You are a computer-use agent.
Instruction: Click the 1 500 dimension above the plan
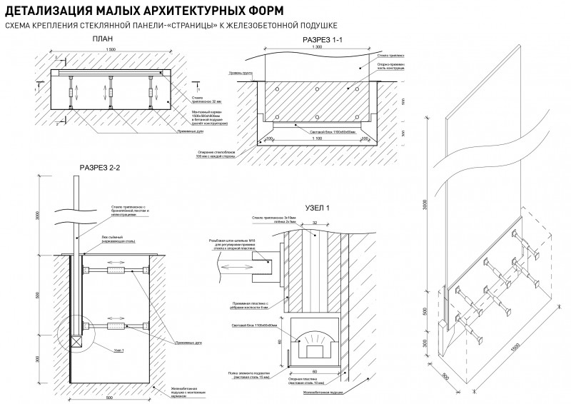coord(111,49)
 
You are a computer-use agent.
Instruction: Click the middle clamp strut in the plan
coord(111,92)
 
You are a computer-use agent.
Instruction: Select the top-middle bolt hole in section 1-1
coord(315,90)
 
